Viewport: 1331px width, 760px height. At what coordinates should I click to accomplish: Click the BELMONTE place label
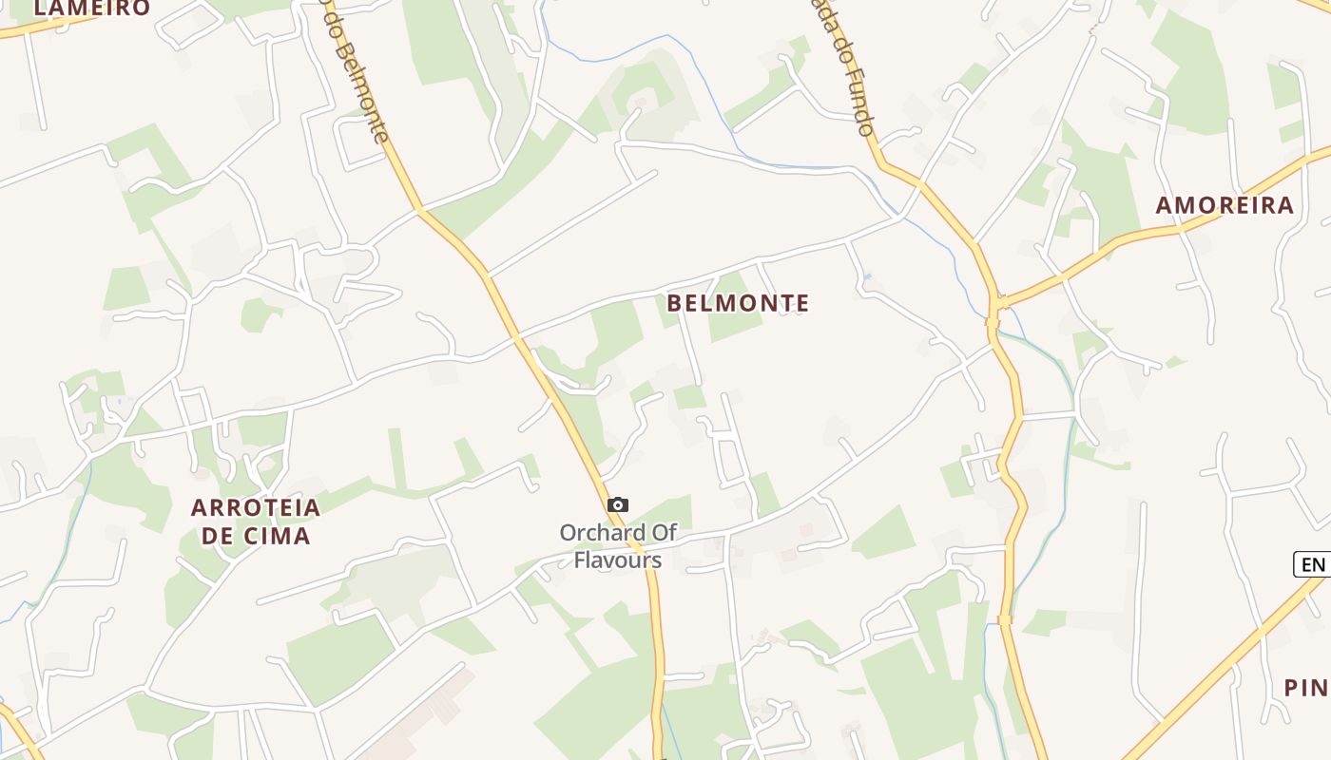(738, 303)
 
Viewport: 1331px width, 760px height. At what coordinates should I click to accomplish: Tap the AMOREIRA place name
(1225, 205)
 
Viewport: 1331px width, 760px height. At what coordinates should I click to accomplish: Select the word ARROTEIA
(256, 507)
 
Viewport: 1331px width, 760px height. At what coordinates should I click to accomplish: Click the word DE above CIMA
(218, 536)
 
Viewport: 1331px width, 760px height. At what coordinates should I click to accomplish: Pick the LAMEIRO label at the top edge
(91, 9)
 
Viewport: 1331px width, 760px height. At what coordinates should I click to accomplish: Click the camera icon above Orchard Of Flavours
(618, 504)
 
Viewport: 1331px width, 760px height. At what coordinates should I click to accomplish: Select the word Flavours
(617, 560)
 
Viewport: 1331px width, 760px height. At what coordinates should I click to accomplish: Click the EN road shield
(1313, 564)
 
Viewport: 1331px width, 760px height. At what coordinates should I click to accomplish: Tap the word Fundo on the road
(859, 100)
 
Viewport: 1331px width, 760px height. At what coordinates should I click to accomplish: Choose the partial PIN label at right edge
(1306, 688)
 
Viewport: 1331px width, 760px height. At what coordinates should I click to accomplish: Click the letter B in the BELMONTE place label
(675, 303)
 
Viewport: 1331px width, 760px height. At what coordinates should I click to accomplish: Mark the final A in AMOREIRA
(1285, 205)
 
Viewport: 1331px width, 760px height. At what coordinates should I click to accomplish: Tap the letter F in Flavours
(579, 560)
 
